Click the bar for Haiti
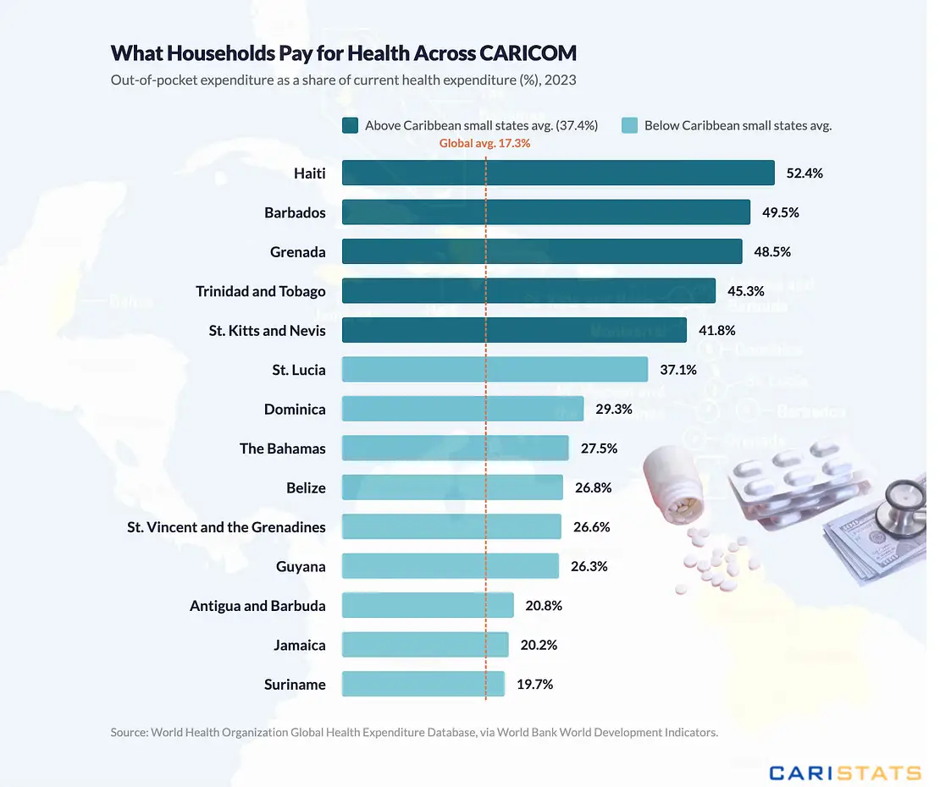[558, 173]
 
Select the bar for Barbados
[546, 212]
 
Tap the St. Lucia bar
[495, 370]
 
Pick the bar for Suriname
[423, 684]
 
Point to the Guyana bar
[451, 566]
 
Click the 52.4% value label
[805, 173]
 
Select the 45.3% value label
[745, 291]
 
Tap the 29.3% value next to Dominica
[614, 409]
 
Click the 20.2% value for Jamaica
[539, 645]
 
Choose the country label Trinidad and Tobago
[261, 291]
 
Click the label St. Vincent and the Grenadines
[226, 527]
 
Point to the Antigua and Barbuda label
[257, 606]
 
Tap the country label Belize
[306, 487]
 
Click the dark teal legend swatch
[350, 125]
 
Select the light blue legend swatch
[629, 125]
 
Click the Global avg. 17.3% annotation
[484, 144]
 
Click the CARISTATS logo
[844, 772]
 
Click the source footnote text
[414, 732]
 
